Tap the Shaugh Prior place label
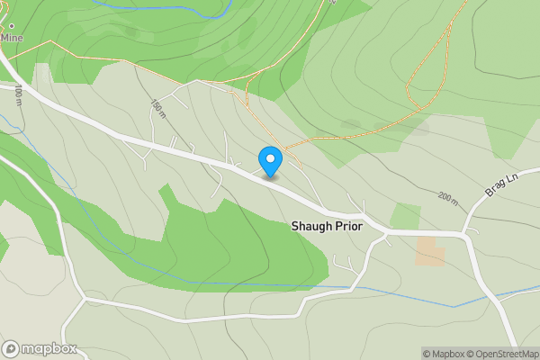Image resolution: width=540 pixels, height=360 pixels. pyautogui.click(x=327, y=227)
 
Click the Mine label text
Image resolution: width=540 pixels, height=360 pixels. pyautogui.click(x=12, y=39)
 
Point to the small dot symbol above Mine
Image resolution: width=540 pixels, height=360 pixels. pyautogui.click(x=12, y=26)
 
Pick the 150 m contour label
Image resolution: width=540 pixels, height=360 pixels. pyautogui.click(x=159, y=108)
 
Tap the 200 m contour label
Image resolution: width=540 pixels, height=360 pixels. pyautogui.click(x=448, y=198)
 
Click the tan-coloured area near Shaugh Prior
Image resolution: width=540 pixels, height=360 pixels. pyautogui.click(x=429, y=252)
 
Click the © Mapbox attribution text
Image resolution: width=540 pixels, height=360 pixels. pyautogui.click(x=441, y=354)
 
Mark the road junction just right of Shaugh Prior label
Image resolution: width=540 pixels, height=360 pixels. pyautogui.click(x=385, y=232)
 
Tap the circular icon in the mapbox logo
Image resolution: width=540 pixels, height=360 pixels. pyautogui.click(x=11, y=348)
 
